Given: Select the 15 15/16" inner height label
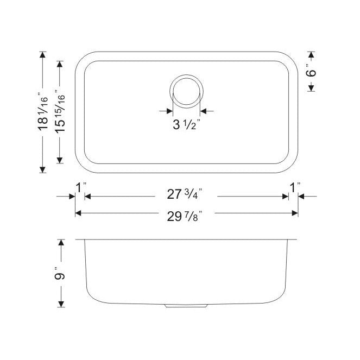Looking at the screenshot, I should tap(61, 112).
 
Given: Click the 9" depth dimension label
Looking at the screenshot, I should tap(61, 276).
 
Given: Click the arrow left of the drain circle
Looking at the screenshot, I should tap(168, 111).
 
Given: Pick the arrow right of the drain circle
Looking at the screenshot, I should tap(204, 111).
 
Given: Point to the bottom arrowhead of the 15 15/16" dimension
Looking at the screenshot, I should tap(61, 161).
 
